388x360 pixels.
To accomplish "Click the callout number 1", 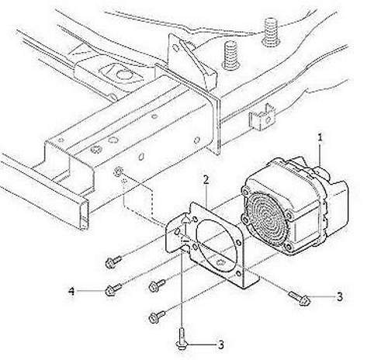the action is click(x=320, y=138).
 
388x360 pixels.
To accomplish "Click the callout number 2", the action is click(x=206, y=180).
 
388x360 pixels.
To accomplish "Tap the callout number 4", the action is click(x=71, y=292).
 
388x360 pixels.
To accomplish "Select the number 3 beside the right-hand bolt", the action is click(x=340, y=296).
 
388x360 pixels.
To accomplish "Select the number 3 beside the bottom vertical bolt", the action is click(x=220, y=344).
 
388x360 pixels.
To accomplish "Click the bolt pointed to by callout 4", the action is click(x=113, y=289).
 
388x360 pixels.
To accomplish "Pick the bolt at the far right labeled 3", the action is click(x=300, y=298).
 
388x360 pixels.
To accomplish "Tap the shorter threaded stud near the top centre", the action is click(x=230, y=55).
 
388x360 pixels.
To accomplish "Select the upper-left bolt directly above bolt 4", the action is click(x=113, y=261).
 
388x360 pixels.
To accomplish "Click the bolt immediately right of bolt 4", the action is click(x=158, y=286).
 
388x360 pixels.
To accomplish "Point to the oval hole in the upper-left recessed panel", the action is click(x=122, y=74).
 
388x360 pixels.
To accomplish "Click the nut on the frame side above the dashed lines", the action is click(x=118, y=171).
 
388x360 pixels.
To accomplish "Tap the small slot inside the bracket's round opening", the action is click(x=220, y=262).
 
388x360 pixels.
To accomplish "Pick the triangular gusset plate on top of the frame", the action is click(x=198, y=62).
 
